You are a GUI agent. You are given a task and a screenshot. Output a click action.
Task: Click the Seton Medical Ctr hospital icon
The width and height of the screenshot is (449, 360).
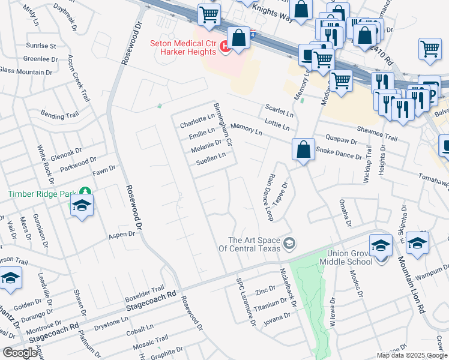point(225,46)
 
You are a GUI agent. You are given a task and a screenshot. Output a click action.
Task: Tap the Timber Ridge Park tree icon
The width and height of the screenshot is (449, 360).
point(86,192)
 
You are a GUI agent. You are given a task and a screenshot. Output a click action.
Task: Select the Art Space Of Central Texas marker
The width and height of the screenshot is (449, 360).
point(290,242)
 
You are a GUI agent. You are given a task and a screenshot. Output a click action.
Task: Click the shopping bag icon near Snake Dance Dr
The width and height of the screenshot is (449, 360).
point(304,149)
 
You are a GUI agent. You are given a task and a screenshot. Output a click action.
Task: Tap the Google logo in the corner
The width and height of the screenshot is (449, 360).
point(20,353)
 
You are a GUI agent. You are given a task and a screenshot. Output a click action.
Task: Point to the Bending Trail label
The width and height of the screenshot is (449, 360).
point(59,114)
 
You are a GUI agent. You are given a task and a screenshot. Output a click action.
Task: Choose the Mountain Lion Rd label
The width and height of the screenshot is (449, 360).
point(411,286)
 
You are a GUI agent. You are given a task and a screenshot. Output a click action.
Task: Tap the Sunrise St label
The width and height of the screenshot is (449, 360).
point(41,46)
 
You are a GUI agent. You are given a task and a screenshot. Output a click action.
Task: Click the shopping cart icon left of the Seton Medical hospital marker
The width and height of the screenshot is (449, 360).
point(209,16)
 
